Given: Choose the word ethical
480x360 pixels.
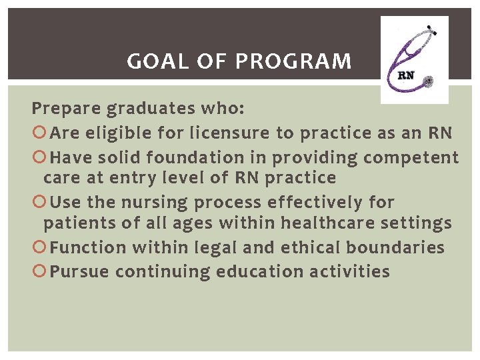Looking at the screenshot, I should [305, 248].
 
